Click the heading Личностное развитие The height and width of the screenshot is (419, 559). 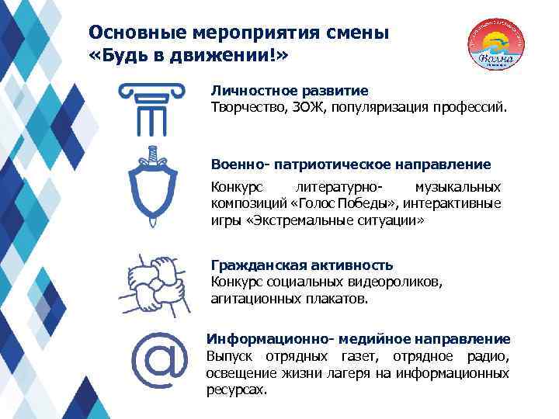[290, 91]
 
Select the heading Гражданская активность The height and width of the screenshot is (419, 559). [302, 265]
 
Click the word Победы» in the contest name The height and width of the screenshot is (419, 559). [375, 203]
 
